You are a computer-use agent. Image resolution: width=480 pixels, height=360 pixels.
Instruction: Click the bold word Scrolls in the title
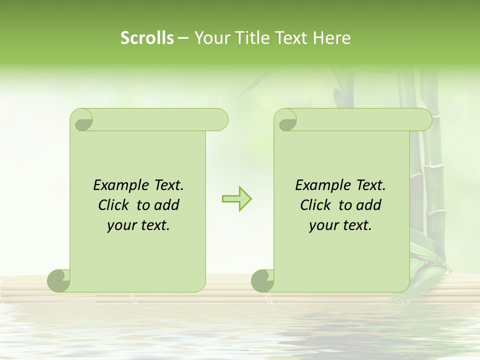(x=147, y=38)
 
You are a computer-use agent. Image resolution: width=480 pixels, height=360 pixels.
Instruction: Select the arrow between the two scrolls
(x=236, y=198)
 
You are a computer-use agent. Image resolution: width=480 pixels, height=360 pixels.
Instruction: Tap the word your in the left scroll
(x=120, y=226)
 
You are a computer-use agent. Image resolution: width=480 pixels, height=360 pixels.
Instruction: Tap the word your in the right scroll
(x=322, y=226)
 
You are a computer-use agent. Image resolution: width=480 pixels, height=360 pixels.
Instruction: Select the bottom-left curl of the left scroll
(x=59, y=280)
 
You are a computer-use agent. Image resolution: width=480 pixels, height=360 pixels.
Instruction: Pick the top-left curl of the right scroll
(x=286, y=120)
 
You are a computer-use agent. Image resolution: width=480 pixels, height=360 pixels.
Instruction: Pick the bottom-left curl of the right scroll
(x=263, y=280)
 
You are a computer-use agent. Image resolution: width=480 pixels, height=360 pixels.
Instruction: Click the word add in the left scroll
(x=167, y=205)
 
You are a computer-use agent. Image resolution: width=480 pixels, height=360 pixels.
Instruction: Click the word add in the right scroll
(x=369, y=205)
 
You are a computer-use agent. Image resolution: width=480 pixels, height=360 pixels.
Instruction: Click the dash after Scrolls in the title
(x=183, y=38)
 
